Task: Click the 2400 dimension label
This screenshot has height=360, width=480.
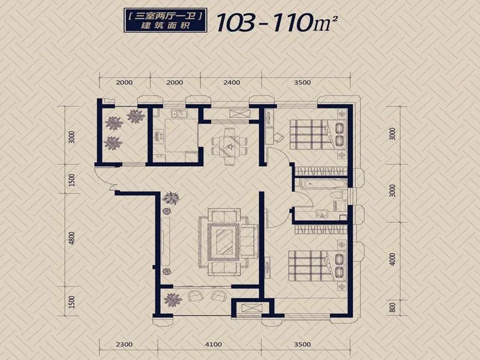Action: point(232,82)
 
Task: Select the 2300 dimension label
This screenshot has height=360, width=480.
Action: point(125,344)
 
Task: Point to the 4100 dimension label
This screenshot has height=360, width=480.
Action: point(214,344)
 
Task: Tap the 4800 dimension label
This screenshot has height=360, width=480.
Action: point(71,238)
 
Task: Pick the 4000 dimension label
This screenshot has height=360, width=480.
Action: point(393,259)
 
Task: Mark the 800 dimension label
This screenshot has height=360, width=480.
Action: point(393,307)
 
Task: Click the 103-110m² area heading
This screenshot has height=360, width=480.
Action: point(277,22)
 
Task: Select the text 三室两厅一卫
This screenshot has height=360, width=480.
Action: point(166,16)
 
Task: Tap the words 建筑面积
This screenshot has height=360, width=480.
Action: point(166,26)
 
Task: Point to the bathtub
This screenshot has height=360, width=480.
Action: point(323,185)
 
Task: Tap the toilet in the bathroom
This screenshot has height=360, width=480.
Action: point(337,196)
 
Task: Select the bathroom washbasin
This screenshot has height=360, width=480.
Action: point(322,213)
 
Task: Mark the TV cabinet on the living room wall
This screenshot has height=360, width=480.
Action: point(165,241)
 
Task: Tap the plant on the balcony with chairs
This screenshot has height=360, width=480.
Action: point(172,299)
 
